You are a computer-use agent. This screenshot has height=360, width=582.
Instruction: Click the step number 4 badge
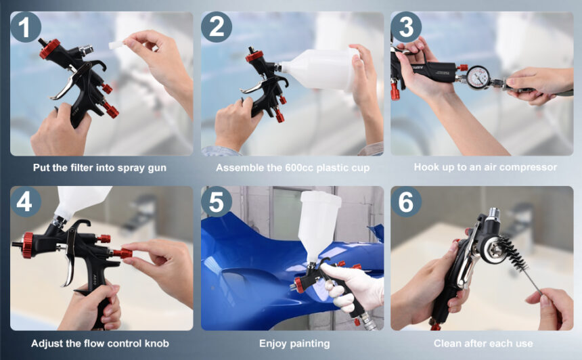click(25, 202)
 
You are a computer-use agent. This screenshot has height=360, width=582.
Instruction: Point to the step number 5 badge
click(216, 202)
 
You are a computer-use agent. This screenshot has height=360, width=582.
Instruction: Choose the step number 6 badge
click(406, 202)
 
